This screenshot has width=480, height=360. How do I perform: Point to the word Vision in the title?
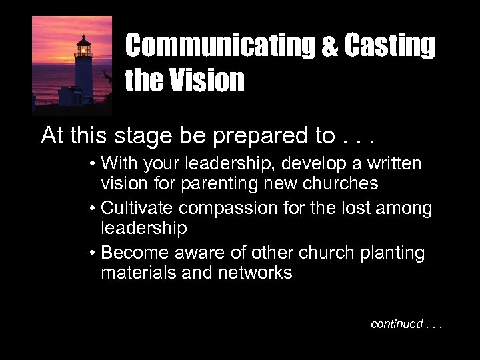[x=208, y=81]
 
